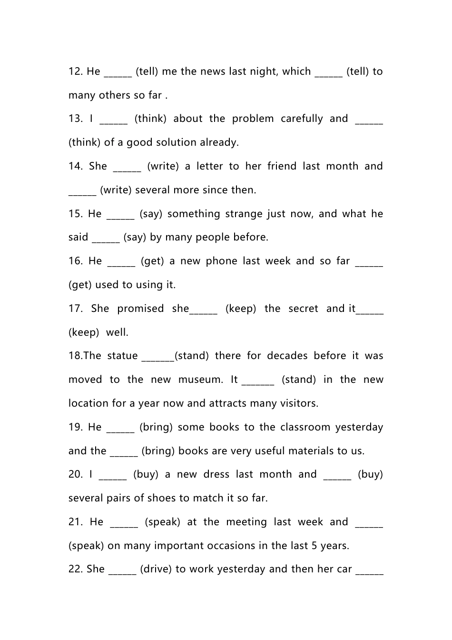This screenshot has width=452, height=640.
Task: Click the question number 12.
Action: (75, 71)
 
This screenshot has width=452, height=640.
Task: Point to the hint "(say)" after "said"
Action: (135, 237)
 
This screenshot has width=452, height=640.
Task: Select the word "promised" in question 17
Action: (140, 309)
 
